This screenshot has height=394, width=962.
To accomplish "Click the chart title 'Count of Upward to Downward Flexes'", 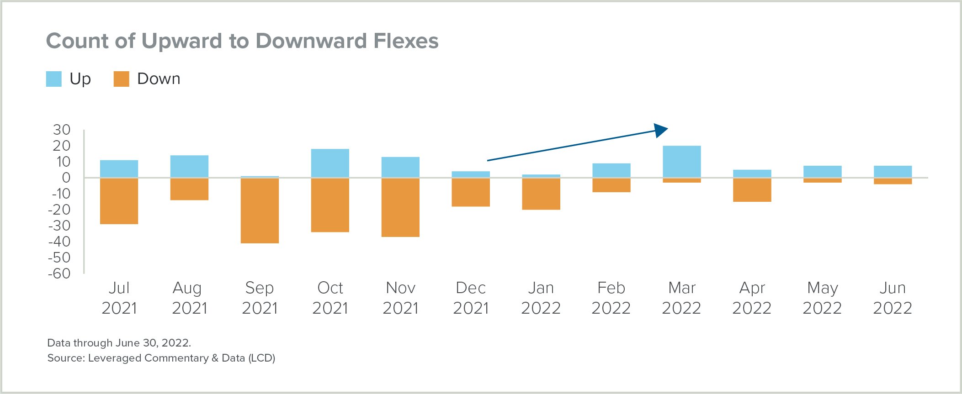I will (x=242, y=41).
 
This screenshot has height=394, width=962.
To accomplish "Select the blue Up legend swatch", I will (x=54, y=79).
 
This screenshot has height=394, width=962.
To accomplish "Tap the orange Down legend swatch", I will (x=121, y=79).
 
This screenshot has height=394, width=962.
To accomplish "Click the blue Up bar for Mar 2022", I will (x=681, y=162).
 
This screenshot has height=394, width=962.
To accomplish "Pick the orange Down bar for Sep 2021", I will (x=260, y=210).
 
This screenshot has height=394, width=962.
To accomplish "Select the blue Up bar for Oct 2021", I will (x=330, y=163).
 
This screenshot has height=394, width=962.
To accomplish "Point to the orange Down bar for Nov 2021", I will (x=400, y=207).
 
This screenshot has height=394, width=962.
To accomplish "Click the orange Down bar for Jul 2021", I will (x=119, y=201).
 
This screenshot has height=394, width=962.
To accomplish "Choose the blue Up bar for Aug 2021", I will (x=189, y=167).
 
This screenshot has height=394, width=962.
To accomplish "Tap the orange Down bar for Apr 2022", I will (x=752, y=190).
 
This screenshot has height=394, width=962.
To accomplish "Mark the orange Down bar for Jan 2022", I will (x=541, y=194).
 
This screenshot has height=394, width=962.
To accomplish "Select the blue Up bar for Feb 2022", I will (x=611, y=170).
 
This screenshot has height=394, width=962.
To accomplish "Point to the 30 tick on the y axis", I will (x=62, y=130).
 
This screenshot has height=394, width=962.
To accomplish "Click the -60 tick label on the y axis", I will (x=59, y=273).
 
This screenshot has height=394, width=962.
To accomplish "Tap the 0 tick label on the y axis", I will (x=66, y=178).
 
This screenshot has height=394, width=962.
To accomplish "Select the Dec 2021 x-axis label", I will (x=471, y=298).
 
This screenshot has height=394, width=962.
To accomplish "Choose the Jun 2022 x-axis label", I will (x=892, y=298).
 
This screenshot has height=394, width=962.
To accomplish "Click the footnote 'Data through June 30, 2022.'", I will (x=119, y=343).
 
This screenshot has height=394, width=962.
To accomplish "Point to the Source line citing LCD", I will (x=161, y=358).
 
